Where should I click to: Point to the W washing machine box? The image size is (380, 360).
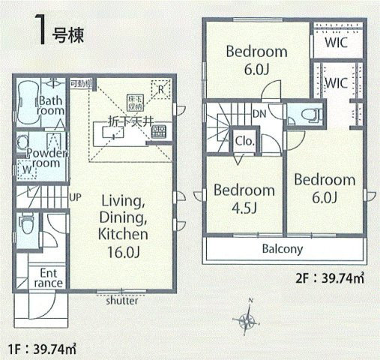click(x=26, y=169)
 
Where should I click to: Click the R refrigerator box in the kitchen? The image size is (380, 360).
click(x=159, y=88)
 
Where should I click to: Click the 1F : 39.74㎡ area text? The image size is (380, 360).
click(x=43, y=349)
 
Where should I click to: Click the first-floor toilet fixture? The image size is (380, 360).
click(x=25, y=223)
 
